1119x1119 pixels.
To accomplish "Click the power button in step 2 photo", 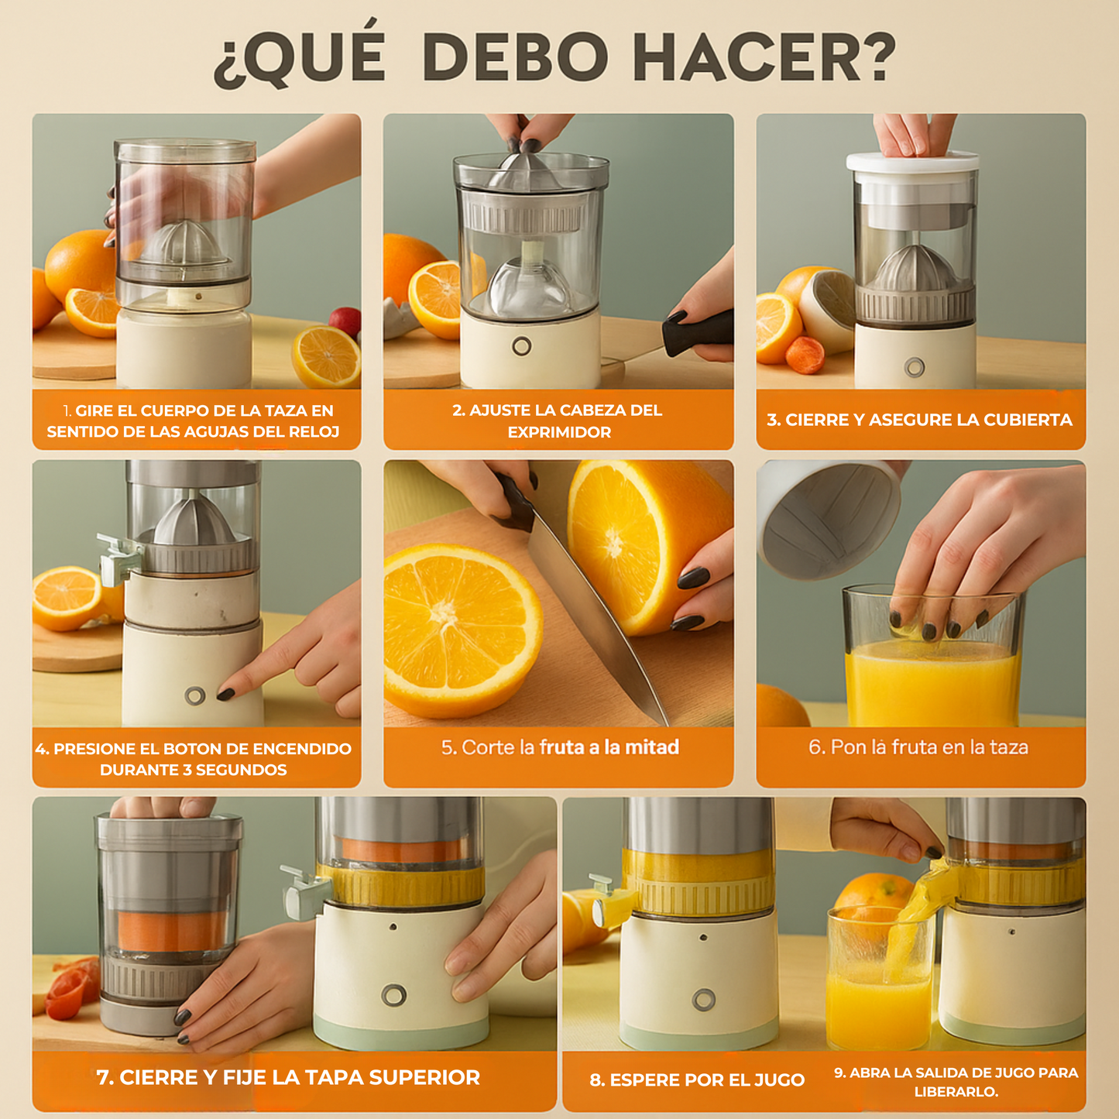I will (522, 345).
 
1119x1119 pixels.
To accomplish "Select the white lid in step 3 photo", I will (912, 163).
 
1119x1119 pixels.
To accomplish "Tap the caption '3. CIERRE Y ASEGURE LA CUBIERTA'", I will (919, 420).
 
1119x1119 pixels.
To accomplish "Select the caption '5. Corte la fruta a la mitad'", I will (560, 747).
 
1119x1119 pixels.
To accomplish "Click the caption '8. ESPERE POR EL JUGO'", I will (697, 1080).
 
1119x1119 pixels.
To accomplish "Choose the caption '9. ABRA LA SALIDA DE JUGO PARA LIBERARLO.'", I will (956, 1082).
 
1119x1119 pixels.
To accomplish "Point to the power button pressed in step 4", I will (195, 695).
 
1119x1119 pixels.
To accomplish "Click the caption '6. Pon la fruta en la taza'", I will (918, 747).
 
